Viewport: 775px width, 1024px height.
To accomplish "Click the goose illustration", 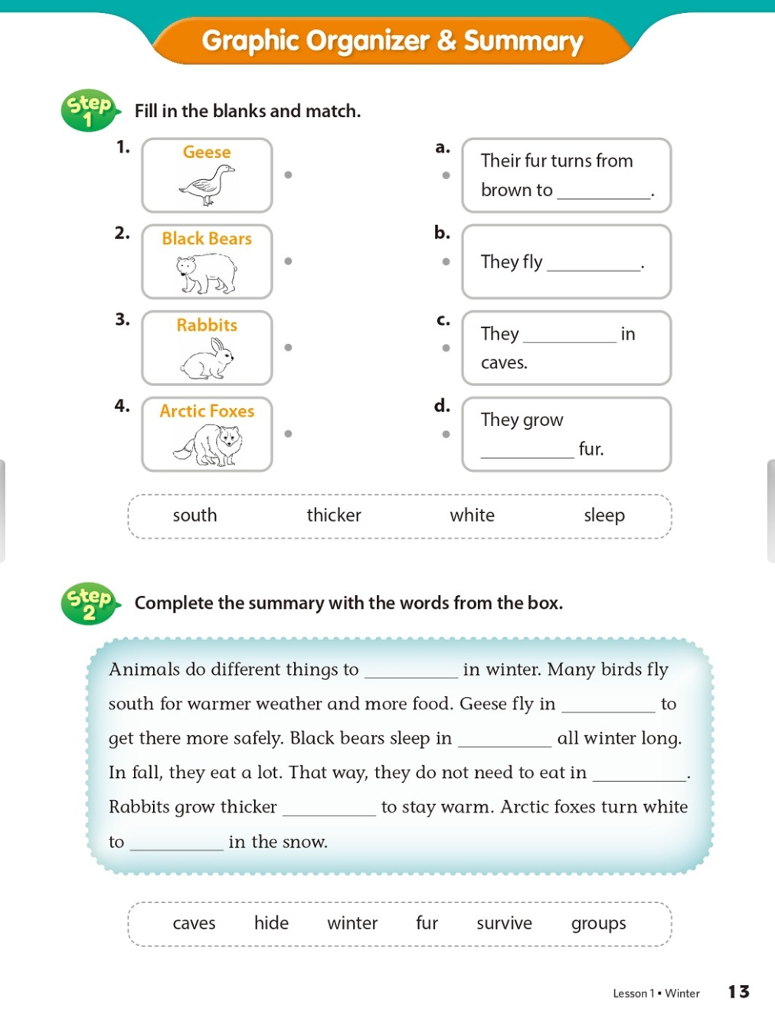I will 207,186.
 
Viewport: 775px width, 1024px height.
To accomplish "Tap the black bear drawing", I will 207,274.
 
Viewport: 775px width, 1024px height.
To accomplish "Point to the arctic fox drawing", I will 208,445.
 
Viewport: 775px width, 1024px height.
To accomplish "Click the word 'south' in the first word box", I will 195,515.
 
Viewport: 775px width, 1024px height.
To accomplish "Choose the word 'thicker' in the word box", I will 334,515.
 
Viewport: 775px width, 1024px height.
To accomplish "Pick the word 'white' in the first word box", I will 472,515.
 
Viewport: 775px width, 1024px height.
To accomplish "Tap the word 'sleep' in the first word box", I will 604,515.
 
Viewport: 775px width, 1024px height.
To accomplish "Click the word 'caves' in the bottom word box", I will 194,924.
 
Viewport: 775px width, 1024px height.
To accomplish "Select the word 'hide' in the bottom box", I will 271,924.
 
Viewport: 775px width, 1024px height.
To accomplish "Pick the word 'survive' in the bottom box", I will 504,924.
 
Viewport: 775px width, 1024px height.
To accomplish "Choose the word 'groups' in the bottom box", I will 598,924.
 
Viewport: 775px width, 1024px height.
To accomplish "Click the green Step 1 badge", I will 89,110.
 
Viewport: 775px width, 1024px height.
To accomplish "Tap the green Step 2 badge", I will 89,604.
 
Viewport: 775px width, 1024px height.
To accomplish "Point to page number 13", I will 738,992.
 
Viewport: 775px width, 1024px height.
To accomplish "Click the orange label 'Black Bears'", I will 207,239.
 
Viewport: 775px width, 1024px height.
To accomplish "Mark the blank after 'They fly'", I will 594,264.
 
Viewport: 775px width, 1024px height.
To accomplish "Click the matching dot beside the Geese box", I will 288,175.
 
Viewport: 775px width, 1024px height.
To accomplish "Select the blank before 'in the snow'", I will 176,843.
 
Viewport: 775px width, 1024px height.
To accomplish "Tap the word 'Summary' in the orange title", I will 523,41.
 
